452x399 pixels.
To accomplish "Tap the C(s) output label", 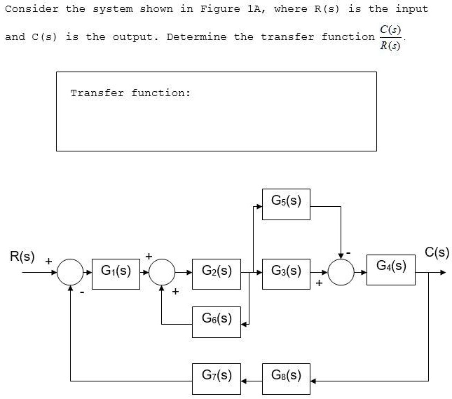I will (x=437, y=252).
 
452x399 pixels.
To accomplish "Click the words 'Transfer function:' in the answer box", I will (x=130, y=93).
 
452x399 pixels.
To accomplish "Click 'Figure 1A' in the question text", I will (x=220, y=9).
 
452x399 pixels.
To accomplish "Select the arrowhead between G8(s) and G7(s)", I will (x=245, y=381).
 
